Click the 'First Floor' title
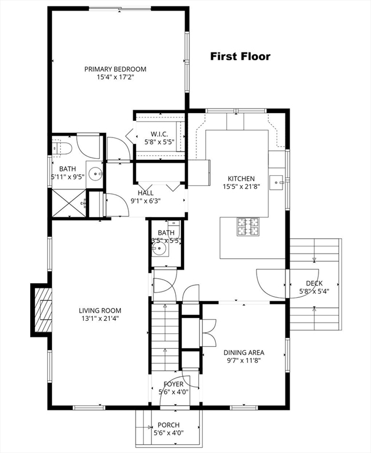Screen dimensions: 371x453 (x=240, y=57)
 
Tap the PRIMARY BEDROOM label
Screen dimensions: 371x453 (x=115, y=70)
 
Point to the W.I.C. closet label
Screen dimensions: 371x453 (x=159, y=134)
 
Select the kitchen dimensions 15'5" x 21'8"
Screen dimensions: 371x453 (x=241, y=186)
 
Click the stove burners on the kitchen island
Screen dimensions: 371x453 (x=248, y=226)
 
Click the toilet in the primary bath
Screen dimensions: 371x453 (x=63, y=148)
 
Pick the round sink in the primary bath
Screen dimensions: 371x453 (x=95, y=174)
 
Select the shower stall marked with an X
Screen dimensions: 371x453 (x=69, y=203)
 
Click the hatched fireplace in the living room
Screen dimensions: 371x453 (x=43, y=310)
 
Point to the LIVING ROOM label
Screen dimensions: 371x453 (x=100, y=311)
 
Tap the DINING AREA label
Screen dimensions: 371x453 (x=244, y=353)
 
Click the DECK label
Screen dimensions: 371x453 (x=314, y=283)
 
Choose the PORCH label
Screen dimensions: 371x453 (x=169, y=425)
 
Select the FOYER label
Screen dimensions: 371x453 (x=173, y=384)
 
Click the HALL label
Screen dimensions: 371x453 (x=146, y=193)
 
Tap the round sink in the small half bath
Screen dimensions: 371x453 (x=159, y=248)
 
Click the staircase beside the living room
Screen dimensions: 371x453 (x=165, y=337)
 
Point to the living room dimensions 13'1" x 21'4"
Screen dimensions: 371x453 (x=100, y=319)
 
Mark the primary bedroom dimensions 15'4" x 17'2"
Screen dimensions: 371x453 (x=116, y=77)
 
